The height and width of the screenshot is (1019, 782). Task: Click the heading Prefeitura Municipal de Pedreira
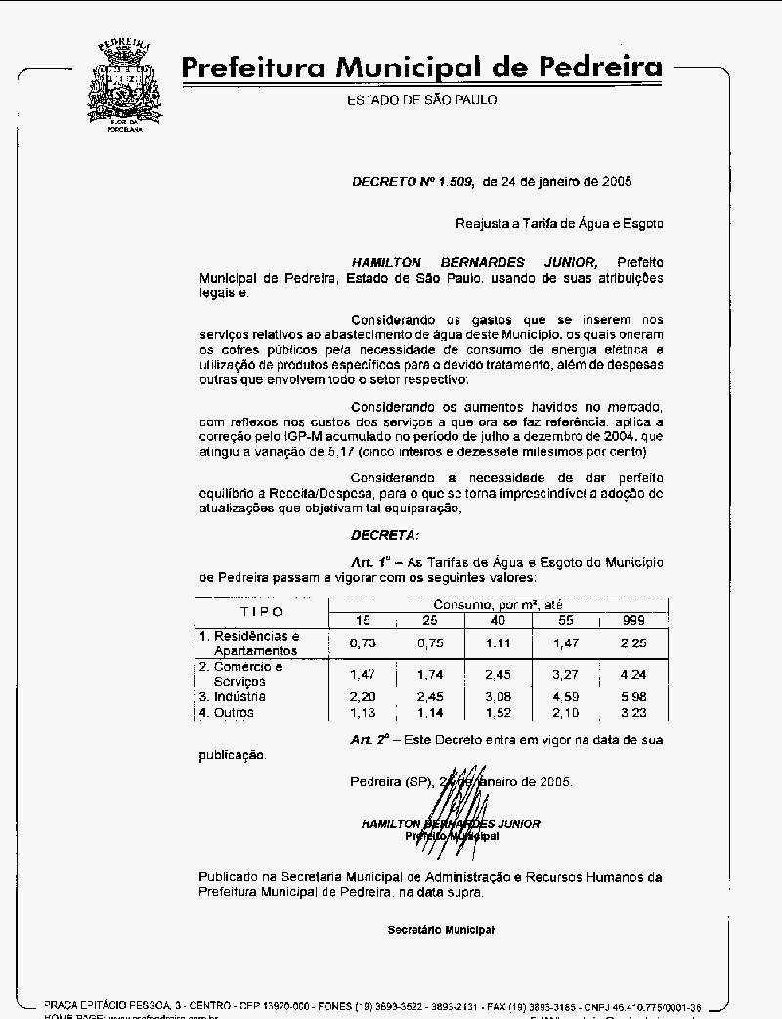click(x=421, y=67)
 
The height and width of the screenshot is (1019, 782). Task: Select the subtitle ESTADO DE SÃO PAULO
click(x=421, y=100)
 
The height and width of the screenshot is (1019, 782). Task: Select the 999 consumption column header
click(x=634, y=620)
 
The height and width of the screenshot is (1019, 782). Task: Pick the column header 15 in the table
click(x=363, y=620)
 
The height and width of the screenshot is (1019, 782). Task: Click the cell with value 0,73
click(x=363, y=642)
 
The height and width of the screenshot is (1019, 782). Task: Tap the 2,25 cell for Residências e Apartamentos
click(x=634, y=642)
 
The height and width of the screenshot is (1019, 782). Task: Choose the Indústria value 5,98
click(x=634, y=696)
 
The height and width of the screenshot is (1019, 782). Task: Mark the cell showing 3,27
click(x=567, y=674)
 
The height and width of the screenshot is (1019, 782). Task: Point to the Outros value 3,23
click(x=634, y=712)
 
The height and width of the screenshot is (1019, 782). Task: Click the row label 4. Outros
click(x=227, y=712)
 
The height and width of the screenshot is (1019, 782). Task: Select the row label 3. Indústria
click(x=233, y=696)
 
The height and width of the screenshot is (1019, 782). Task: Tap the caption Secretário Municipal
click(x=441, y=929)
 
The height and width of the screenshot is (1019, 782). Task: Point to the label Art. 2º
click(x=370, y=739)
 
